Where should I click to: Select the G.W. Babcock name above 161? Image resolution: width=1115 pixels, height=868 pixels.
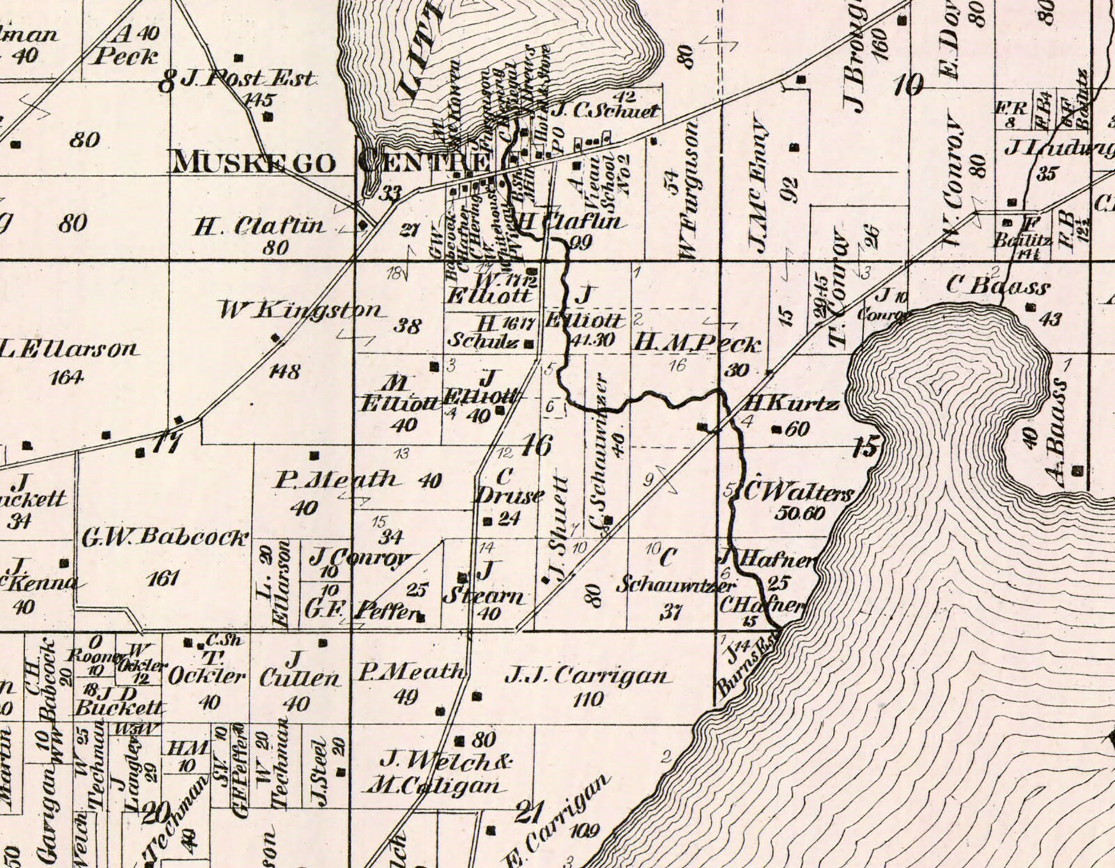[x=164, y=537]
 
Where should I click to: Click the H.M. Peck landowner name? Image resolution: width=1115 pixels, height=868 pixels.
[x=698, y=342]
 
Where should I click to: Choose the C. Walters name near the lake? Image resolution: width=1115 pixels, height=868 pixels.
[x=798, y=493]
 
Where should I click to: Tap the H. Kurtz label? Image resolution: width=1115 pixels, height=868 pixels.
[x=791, y=404]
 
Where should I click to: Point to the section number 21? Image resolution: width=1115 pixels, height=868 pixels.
[x=528, y=812]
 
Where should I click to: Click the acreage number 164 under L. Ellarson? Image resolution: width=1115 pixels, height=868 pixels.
[x=68, y=378]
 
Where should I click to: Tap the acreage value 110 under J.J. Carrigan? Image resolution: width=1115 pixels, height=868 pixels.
[x=587, y=699]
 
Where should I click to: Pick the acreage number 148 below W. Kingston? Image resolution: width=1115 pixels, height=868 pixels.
[x=284, y=371]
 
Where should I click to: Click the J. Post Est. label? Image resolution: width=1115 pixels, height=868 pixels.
[x=247, y=78]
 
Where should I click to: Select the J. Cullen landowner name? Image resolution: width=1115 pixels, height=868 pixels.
[x=299, y=669]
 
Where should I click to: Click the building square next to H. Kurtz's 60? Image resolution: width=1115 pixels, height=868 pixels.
[x=776, y=430]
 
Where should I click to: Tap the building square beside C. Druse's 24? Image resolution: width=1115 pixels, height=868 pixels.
[x=487, y=520]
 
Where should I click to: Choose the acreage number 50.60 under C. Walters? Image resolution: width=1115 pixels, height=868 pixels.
[x=799, y=514]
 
